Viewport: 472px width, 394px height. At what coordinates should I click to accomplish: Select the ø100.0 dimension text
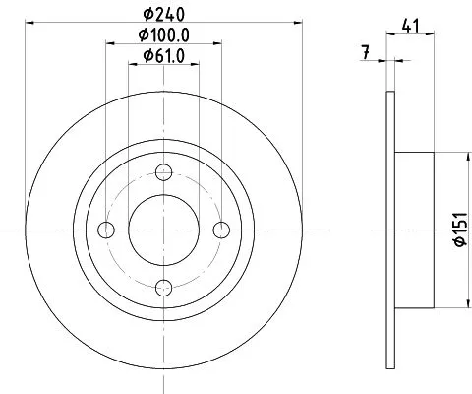(164, 36)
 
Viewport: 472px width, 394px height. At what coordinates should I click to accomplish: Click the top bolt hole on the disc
(164, 173)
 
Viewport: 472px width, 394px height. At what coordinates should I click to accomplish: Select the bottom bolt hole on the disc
(164, 287)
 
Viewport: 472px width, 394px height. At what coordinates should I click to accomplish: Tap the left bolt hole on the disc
(107, 230)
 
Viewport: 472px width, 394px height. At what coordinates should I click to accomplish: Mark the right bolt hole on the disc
(221, 230)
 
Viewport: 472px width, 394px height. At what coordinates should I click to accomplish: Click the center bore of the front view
(164, 230)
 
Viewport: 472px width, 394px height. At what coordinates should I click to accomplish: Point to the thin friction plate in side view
(390, 230)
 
